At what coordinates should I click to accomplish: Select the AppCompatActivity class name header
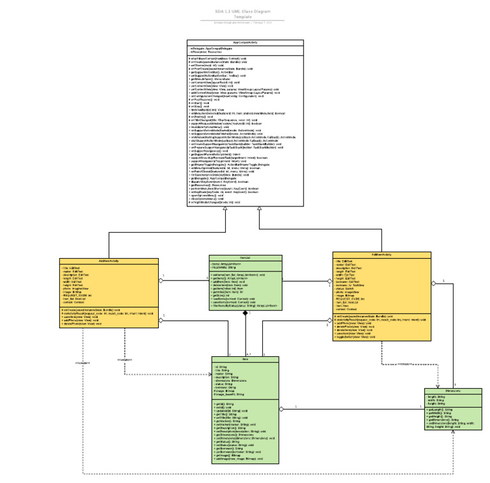click(246, 43)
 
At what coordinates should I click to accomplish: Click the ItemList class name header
click(246, 258)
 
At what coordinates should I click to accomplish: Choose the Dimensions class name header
click(453, 391)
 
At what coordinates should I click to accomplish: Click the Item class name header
click(246, 359)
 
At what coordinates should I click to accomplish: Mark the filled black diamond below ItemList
click(245, 314)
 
